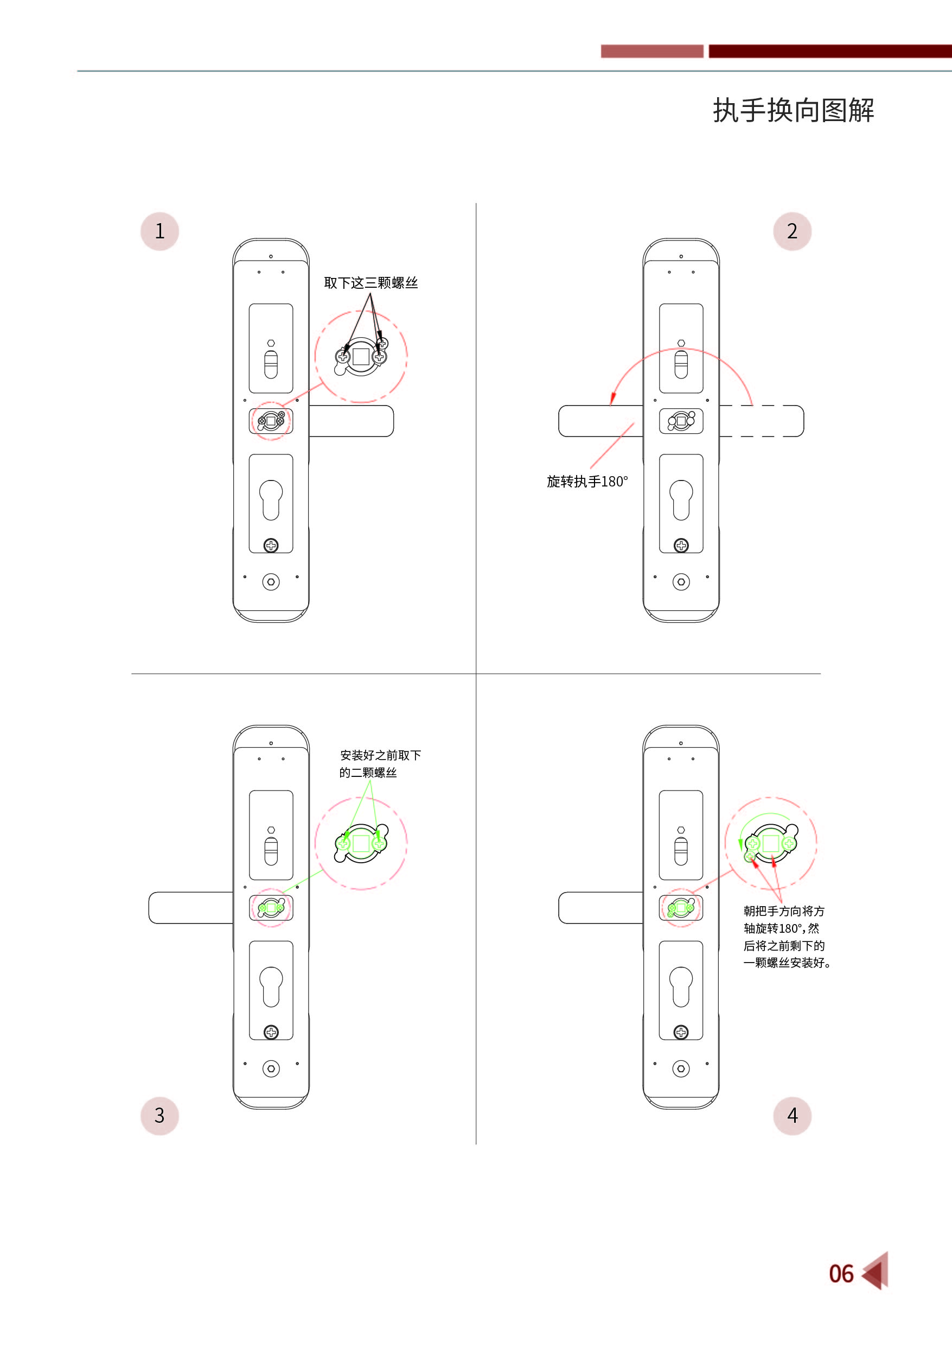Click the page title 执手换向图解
click(x=793, y=110)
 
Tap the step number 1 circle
click(x=159, y=231)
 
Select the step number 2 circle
click(x=792, y=231)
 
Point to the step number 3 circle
click(x=159, y=1115)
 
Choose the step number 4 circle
click(x=792, y=1115)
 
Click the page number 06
click(x=841, y=1274)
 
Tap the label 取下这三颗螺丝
click(x=370, y=283)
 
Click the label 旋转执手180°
click(x=587, y=482)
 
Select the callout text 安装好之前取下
click(x=380, y=755)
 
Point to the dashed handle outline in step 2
click(x=762, y=421)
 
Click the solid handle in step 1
click(x=351, y=421)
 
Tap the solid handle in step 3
click(x=191, y=908)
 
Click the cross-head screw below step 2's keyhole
click(x=681, y=546)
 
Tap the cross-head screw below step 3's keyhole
click(x=271, y=1033)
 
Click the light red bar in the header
click(x=652, y=51)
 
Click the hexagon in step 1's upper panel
click(x=271, y=343)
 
